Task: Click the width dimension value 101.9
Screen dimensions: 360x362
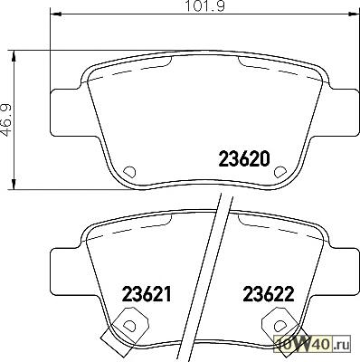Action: pos(204,6)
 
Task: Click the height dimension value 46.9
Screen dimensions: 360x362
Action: pos(6,120)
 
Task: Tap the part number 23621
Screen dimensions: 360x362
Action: pos(147,294)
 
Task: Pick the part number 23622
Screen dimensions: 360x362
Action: pos(269,294)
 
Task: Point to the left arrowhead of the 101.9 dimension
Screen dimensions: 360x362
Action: pos(55,14)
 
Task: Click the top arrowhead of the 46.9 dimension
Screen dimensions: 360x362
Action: pos(14,56)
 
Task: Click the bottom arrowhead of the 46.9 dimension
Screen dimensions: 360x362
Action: pos(14,184)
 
